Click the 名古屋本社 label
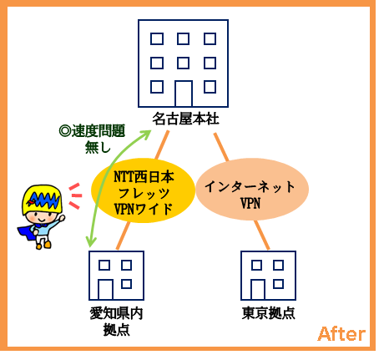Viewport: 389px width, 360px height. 185,119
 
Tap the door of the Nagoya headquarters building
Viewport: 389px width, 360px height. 184,94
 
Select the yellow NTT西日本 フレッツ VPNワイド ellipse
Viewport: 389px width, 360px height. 144,190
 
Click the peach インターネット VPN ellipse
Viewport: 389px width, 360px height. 252,189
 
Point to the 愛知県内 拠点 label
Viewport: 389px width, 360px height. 116,322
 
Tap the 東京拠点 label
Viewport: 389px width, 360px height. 268,313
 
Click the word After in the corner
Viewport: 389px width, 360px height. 341,334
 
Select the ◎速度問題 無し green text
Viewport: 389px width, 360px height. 92,139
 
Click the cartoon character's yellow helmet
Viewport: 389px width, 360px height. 42,199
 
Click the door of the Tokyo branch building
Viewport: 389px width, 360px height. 258,290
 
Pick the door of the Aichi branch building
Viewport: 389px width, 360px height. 105,290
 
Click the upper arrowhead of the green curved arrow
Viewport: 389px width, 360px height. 146,133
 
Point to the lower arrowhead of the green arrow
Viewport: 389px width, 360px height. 90,241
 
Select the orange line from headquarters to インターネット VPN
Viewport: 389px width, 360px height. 221,147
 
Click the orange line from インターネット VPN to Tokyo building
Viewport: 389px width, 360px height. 262,236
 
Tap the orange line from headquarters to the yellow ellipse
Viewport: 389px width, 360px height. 162,145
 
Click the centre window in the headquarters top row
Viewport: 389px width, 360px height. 183,38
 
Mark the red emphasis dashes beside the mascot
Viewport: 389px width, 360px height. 75,196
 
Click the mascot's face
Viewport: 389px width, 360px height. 42,216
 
